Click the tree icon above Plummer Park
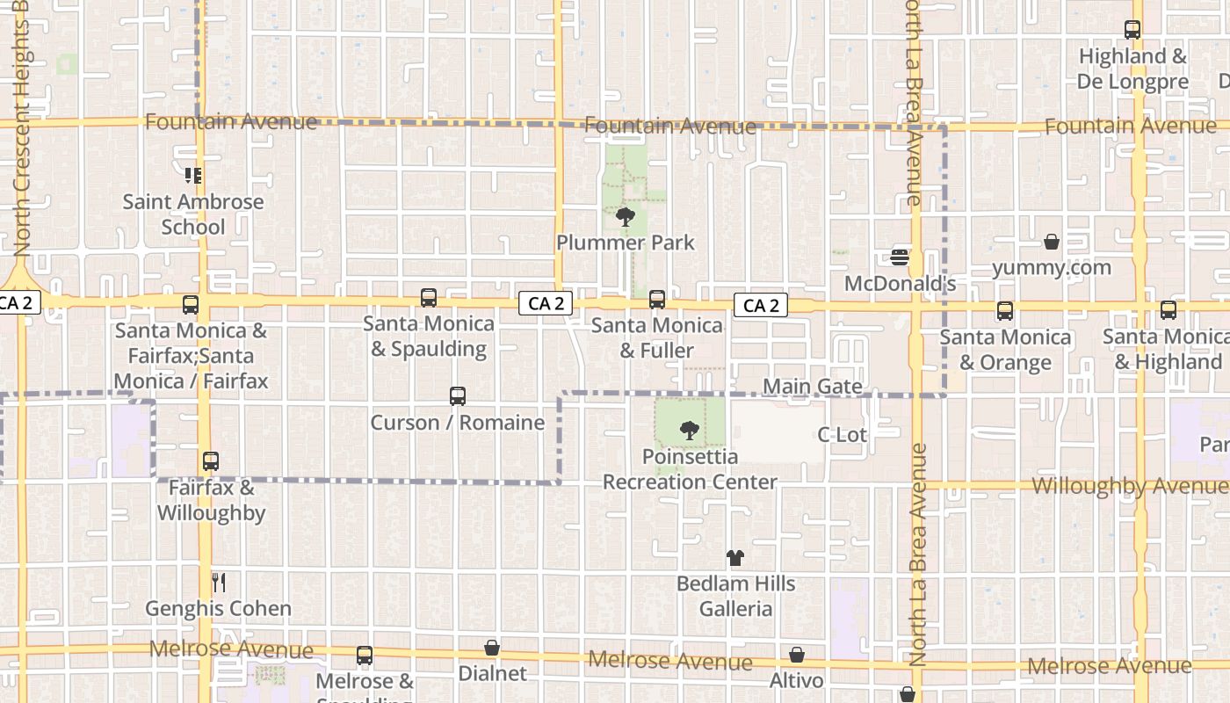626,216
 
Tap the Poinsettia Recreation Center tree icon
690,431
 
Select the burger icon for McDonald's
900,257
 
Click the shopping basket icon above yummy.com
1052,242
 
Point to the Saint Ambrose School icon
193,176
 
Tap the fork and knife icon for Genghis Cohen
219,582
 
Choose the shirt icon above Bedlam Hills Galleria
735,558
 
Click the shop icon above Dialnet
492,649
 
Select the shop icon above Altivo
797,655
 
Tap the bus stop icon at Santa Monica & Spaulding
429,298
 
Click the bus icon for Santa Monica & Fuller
657,300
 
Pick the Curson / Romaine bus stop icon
458,396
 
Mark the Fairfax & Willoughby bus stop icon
211,461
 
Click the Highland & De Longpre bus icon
1132,30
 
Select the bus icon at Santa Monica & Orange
1005,311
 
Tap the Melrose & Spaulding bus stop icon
365,656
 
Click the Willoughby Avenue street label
1129,487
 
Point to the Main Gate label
812,387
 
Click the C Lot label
842,434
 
